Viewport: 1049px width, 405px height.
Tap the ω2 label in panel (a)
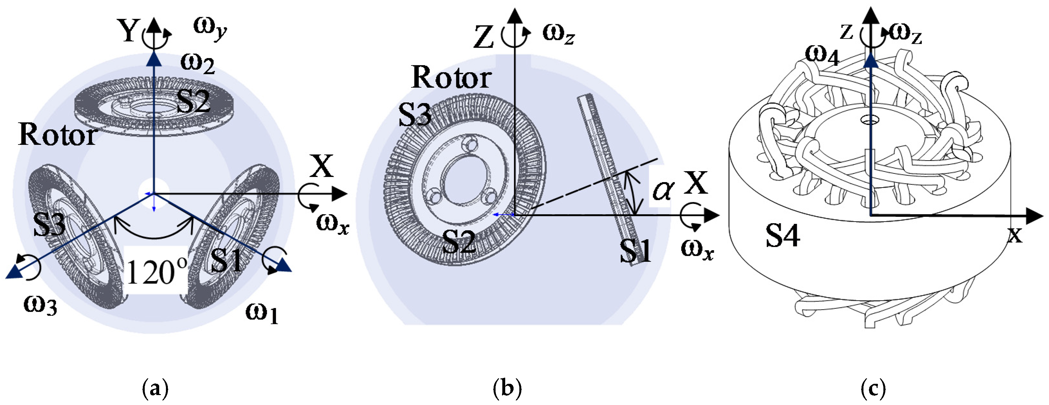(x=197, y=64)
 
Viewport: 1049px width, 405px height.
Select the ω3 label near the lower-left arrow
(x=40, y=305)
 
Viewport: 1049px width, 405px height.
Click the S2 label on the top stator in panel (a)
(x=193, y=102)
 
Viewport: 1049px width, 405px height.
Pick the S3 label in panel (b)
(x=415, y=115)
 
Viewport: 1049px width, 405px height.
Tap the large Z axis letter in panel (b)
(x=484, y=38)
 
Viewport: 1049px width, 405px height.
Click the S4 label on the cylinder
(x=782, y=236)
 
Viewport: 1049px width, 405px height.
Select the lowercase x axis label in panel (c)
(x=1015, y=235)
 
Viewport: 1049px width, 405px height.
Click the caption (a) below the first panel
(x=155, y=389)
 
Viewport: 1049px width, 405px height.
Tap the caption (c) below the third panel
(x=873, y=389)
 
